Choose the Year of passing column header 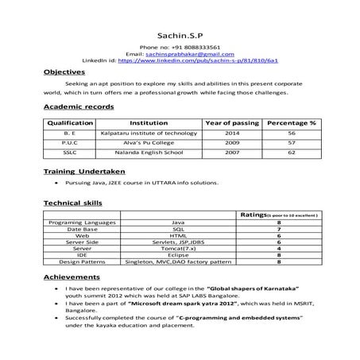232,123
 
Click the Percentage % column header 292,123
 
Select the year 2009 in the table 232,142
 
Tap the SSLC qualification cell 71,152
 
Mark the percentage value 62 292,152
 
